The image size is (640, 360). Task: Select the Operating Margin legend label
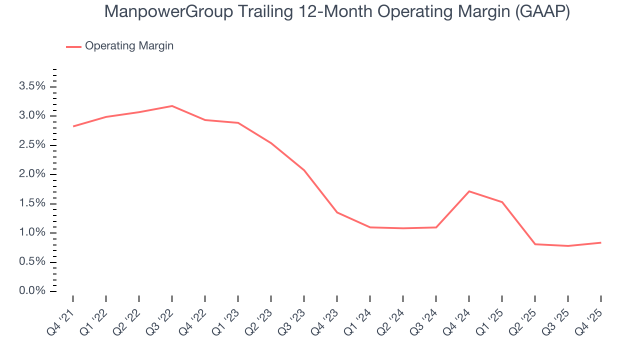[x=129, y=46]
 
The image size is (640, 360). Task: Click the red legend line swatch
[x=73, y=46]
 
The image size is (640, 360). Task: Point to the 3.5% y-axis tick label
[x=32, y=86]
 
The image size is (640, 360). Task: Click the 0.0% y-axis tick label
[x=32, y=291]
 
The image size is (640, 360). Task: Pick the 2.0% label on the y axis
[x=32, y=174]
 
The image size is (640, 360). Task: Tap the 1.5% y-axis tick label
[x=32, y=203]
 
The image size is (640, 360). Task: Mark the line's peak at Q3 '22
[x=172, y=106]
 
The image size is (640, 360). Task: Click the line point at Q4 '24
[x=469, y=191]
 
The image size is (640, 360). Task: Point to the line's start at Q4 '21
[x=73, y=126]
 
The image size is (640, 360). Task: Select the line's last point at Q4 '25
[x=600, y=242]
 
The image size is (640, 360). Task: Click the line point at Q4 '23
[x=337, y=212]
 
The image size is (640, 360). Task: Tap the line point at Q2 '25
[x=535, y=244]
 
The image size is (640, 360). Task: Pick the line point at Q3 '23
[x=304, y=170]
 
